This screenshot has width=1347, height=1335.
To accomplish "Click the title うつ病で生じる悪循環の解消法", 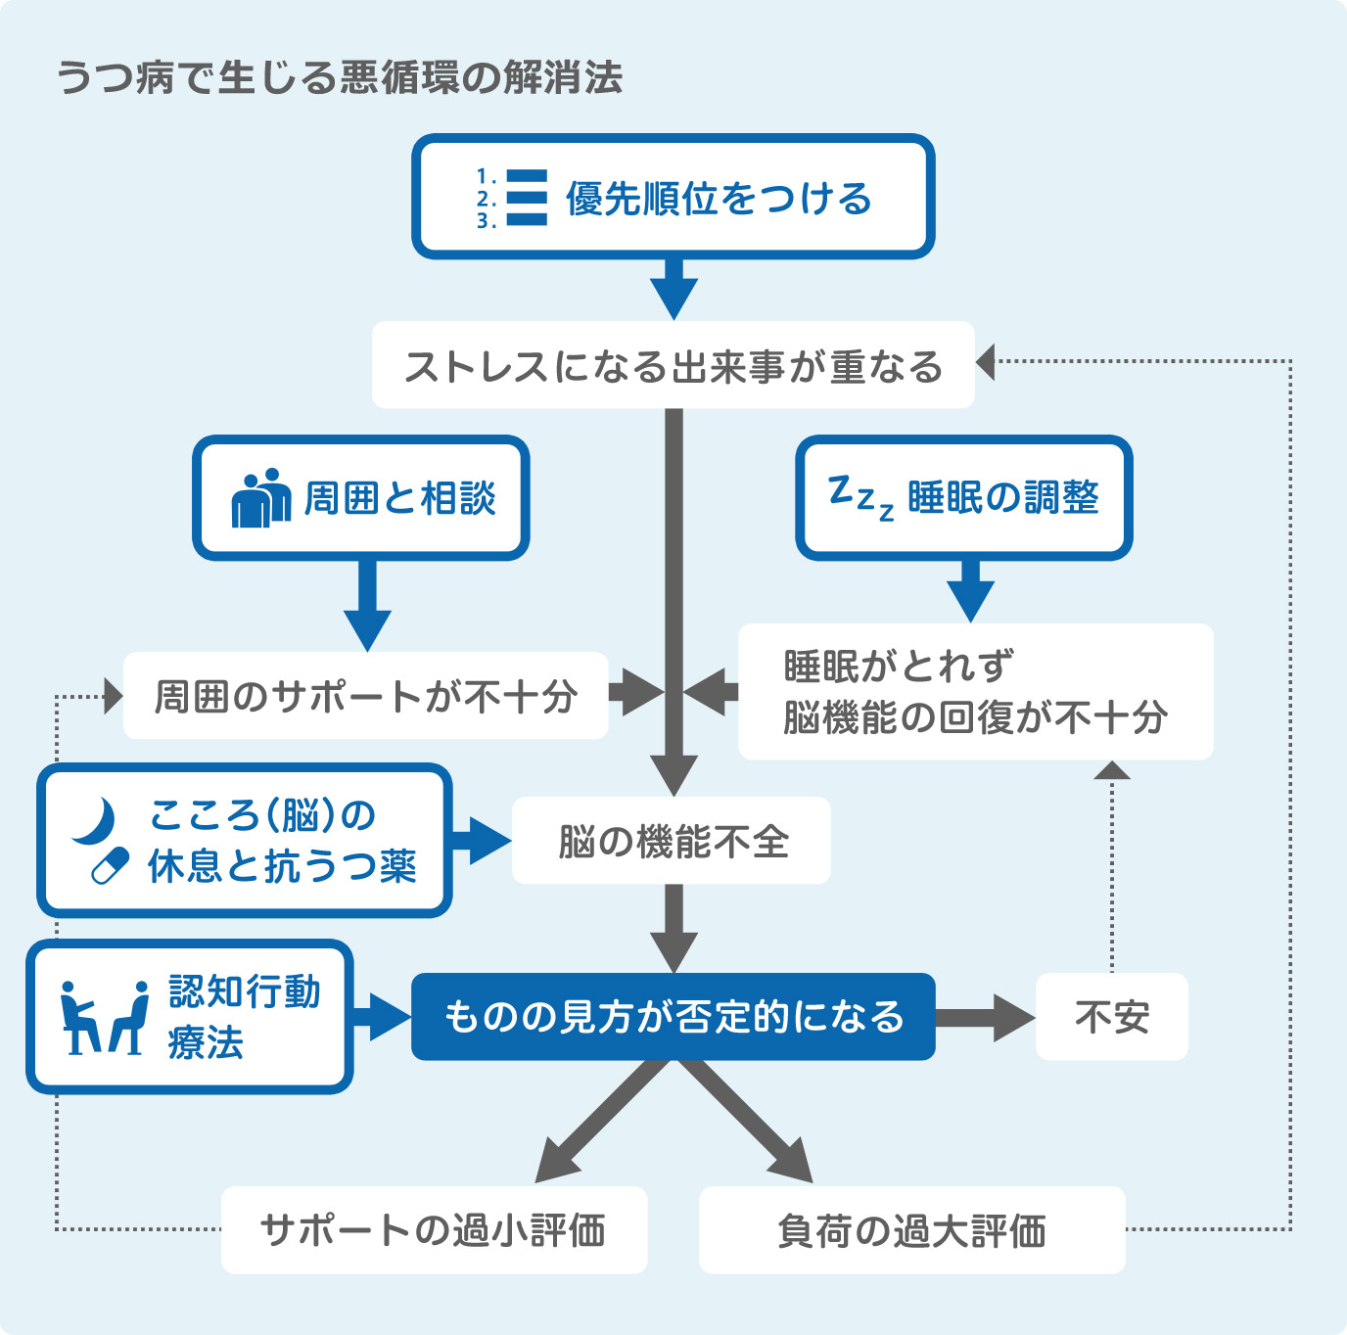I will [x=339, y=77].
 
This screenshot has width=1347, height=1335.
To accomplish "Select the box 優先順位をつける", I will [x=673, y=197].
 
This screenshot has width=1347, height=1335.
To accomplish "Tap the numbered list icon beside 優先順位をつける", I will [x=512, y=198].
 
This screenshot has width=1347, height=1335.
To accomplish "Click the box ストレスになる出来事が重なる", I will [x=673, y=365].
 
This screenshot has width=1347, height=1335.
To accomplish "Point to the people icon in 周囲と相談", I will [x=261, y=498].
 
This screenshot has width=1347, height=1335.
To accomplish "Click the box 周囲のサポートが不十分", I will [x=365, y=696].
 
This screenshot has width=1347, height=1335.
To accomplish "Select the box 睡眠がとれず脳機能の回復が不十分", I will [x=975, y=691].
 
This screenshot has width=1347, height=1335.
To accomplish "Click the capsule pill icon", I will [x=110, y=866].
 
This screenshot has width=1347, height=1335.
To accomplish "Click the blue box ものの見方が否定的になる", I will [x=673, y=1017].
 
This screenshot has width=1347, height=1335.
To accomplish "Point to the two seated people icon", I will [x=103, y=1018].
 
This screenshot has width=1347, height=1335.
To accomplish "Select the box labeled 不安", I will [x=1112, y=1017].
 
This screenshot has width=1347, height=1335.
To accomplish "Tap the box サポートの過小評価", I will [x=434, y=1229].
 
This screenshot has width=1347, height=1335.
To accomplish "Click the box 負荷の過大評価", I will [x=911, y=1229].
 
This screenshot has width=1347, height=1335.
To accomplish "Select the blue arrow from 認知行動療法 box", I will [x=382, y=1018].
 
